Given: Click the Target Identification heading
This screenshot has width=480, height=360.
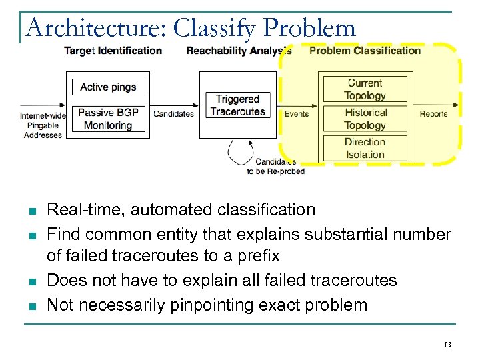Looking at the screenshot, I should point(113,51).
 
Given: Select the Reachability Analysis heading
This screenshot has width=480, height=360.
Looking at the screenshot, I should point(239,51).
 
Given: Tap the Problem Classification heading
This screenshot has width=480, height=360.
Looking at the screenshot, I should point(365,51).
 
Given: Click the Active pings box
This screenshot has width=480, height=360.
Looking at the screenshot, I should point(108,87).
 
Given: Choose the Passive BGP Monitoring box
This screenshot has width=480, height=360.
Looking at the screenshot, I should point(107,119).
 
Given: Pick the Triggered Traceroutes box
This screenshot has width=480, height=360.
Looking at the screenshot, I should point(237,105).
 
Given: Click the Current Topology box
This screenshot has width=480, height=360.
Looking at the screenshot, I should point(365,89).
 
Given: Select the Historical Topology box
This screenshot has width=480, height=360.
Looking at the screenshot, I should point(365,119).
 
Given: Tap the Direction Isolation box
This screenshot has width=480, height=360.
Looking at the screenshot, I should point(365,148).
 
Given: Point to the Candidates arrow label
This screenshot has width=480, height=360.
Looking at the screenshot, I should point(173,114).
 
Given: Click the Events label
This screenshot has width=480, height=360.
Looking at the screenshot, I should point(296,114).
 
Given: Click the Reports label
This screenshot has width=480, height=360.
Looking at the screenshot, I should point(433,114).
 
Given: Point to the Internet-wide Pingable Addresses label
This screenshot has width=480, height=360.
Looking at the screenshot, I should point(43,125).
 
